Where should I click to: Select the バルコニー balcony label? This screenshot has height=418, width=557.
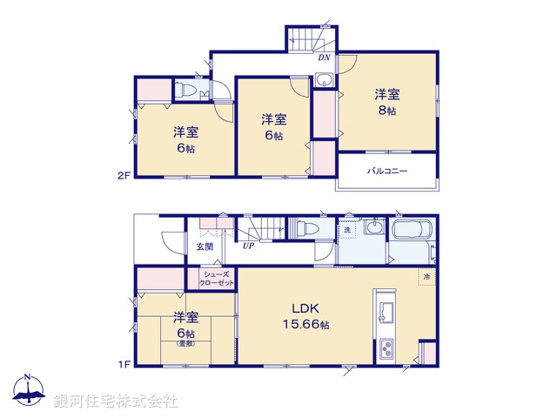coord(386,171)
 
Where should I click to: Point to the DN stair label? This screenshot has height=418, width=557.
coord(323,58)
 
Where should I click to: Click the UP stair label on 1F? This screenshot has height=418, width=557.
coord(249,246)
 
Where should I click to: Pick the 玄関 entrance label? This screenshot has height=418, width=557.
coord(204,246)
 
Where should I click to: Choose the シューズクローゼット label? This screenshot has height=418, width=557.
coord(213,280)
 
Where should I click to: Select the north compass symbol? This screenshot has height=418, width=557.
coord(28,393)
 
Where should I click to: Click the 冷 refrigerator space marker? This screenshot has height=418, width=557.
coord(427,276)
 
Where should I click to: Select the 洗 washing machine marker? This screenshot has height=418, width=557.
coord(347,230)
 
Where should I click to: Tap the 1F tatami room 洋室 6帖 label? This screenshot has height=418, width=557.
coord(185,327)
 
